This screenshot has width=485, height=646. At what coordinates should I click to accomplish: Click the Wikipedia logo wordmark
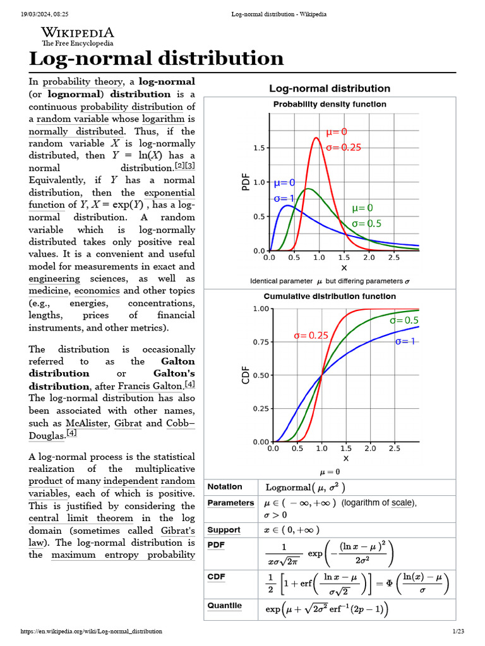point(77,33)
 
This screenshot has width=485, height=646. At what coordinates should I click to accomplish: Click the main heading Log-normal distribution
point(157,59)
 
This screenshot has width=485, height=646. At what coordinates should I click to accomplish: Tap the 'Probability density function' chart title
point(330,104)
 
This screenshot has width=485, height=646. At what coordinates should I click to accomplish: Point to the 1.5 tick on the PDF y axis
point(259,148)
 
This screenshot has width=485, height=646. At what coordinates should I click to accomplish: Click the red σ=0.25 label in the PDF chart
point(344,148)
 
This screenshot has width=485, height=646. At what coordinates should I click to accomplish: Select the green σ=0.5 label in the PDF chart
point(366,223)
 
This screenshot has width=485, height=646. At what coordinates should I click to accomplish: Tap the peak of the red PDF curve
point(316,138)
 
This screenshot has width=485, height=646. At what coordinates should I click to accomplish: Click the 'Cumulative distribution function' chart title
point(330,297)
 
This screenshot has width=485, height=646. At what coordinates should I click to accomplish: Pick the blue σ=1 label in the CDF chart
point(405,341)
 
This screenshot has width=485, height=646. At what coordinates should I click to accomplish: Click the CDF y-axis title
point(246,375)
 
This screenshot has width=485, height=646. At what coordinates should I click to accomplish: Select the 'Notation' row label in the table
point(225,487)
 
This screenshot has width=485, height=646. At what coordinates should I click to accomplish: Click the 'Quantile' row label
point(225,606)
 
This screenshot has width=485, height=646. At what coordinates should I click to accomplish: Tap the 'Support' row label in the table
point(224,530)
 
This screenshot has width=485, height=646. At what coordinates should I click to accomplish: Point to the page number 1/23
point(458,631)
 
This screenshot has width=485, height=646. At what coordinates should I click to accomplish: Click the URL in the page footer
point(92,631)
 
